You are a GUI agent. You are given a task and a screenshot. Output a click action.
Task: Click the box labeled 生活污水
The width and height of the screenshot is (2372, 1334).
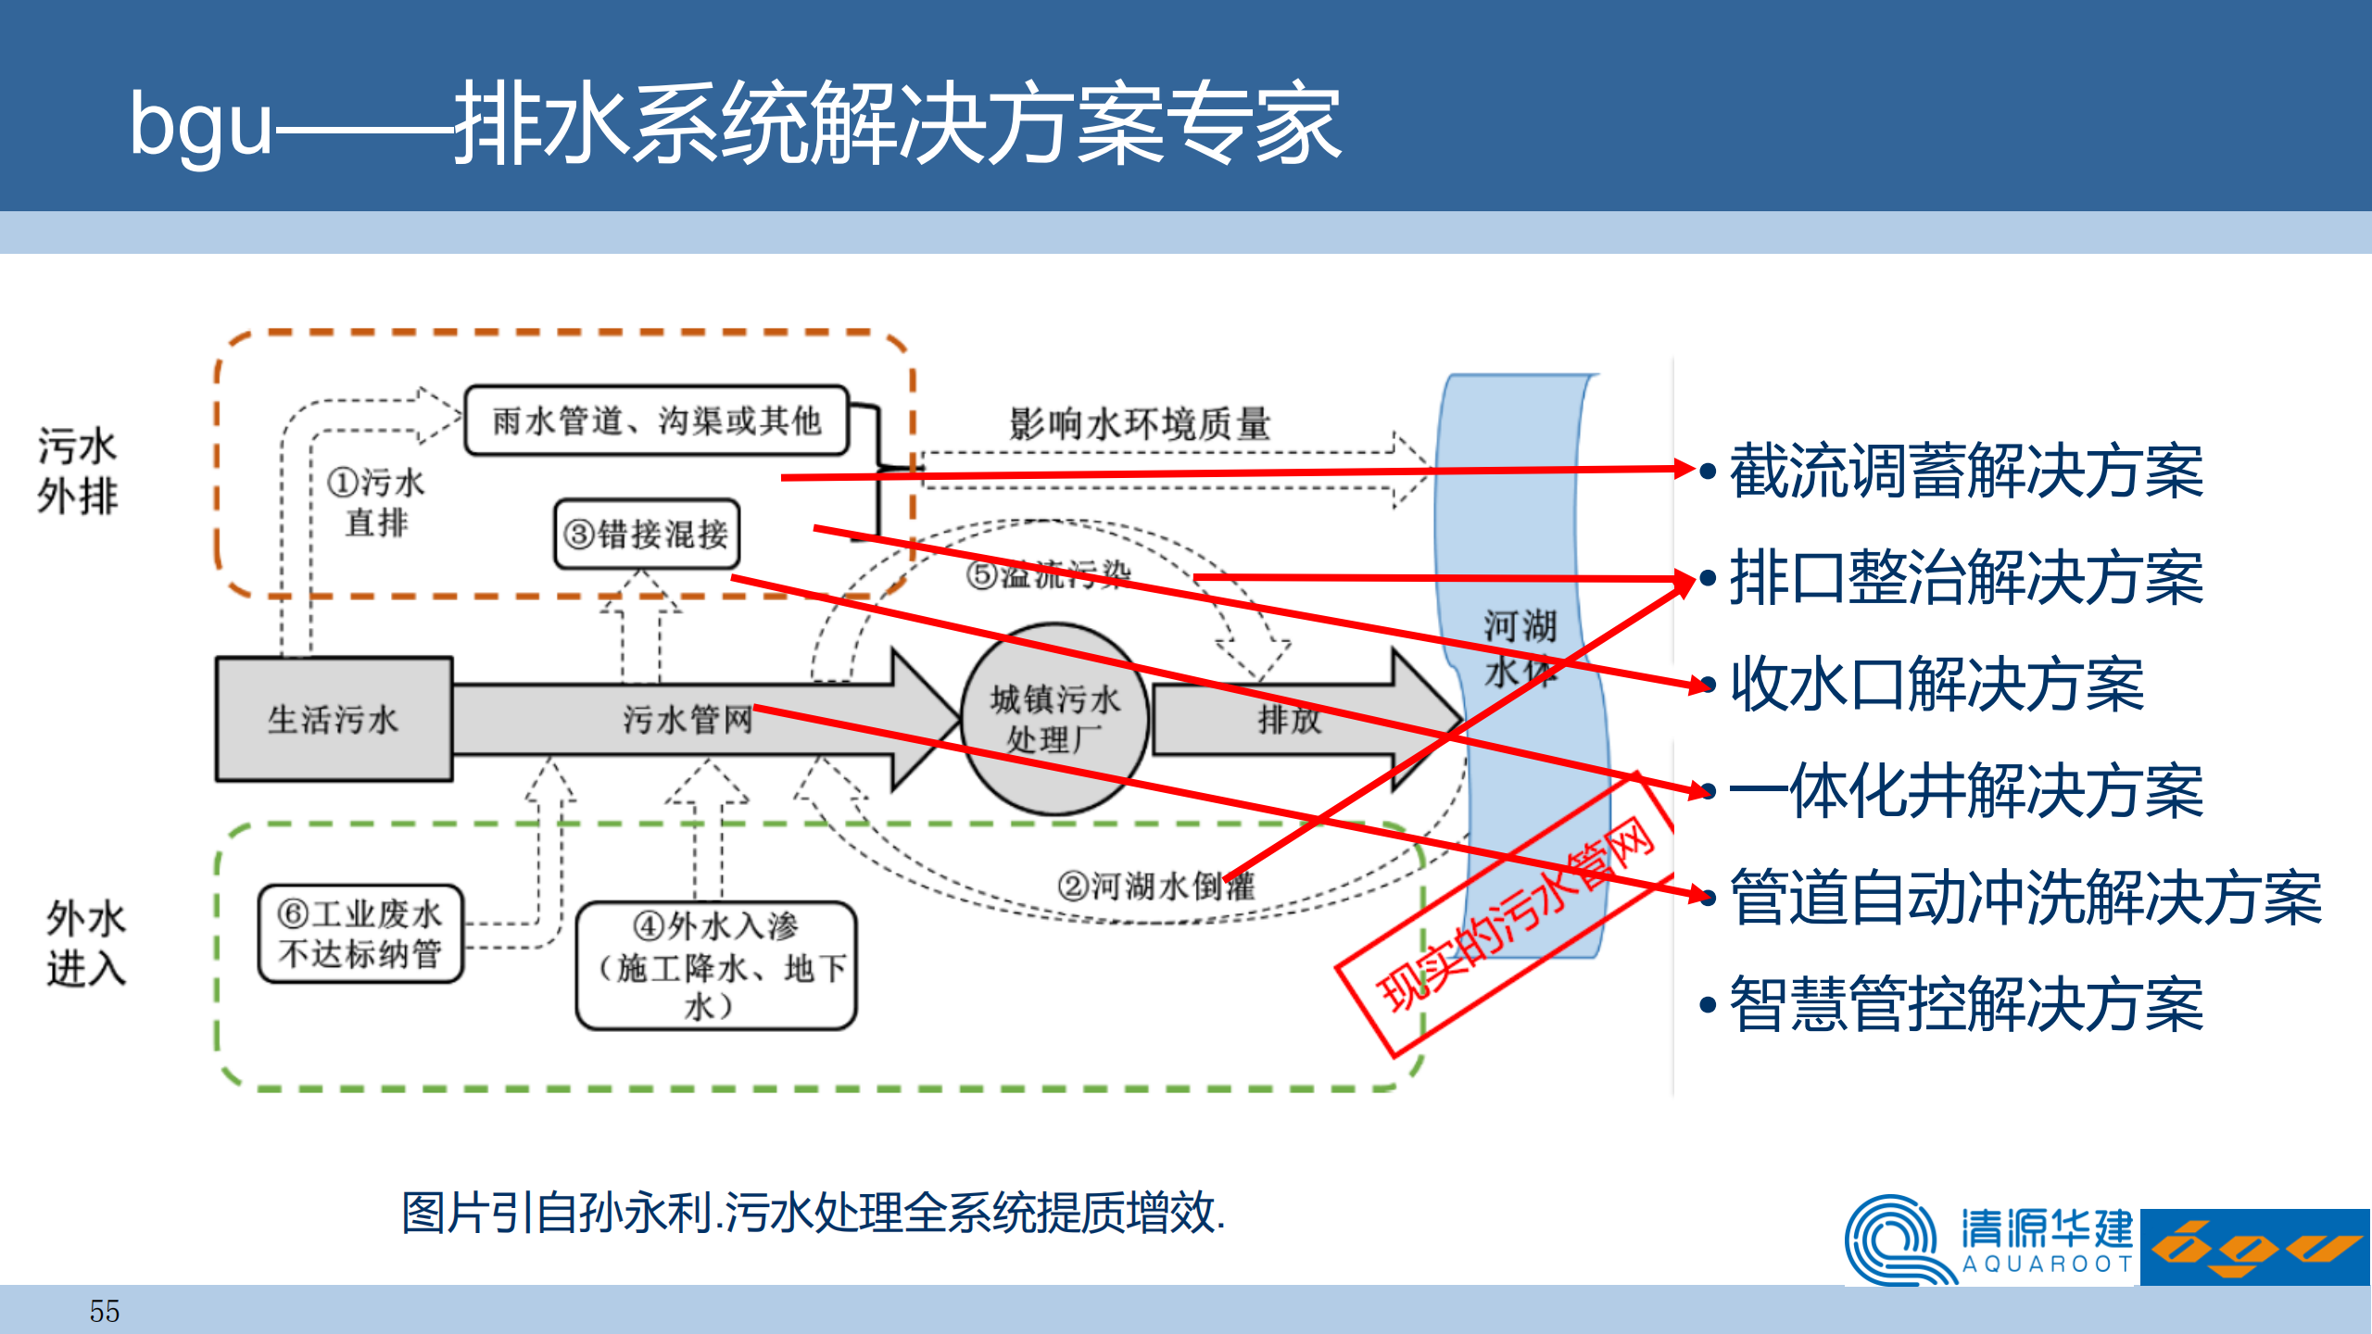(x=334, y=720)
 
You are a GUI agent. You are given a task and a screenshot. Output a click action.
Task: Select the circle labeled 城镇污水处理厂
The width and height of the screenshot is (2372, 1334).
(x=1054, y=720)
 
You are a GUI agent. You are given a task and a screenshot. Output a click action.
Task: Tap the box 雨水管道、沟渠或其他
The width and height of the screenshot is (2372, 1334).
(x=656, y=421)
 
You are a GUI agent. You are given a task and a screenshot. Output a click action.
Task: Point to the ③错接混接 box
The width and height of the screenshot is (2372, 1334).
(x=647, y=535)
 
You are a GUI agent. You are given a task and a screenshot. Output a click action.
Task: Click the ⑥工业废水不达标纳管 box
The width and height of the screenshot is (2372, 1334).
(x=360, y=934)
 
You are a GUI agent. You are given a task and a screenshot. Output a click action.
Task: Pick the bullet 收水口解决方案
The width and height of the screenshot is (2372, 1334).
(x=1937, y=685)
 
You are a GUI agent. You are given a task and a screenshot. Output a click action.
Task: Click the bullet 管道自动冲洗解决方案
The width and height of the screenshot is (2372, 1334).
(x=2025, y=898)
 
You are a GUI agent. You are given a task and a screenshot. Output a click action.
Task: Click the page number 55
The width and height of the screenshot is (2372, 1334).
(x=105, y=1311)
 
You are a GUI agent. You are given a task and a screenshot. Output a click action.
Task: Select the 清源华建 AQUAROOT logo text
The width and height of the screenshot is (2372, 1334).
(x=2046, y=1240)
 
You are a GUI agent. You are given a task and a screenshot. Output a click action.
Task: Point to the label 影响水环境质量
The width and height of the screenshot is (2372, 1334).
(x=1140, y=424)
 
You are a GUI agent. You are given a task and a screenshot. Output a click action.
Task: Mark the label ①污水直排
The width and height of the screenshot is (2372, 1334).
(x=376, y=502)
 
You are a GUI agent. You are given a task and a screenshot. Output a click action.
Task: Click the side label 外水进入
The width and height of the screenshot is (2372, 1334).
(x=85, y=943)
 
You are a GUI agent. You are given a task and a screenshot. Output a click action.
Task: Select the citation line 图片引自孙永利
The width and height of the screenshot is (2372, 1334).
(x=813, y=1213)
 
